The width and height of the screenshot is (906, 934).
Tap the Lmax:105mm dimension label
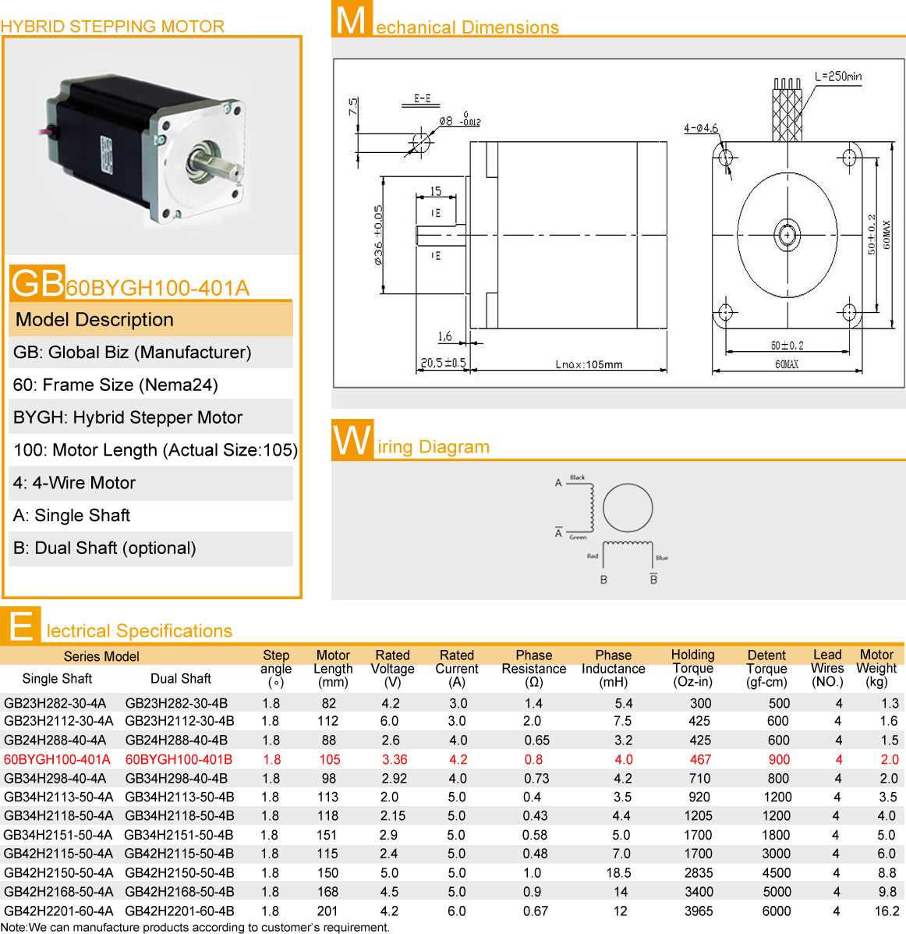pos(589,364)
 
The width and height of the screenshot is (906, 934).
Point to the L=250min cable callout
pos(838,76)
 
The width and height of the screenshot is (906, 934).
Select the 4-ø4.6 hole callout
pos(700,128)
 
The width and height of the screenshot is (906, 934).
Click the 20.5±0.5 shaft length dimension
pos(443,363)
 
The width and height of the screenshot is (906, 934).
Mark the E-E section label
pos(422,98)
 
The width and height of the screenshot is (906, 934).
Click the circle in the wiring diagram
pos(627,508)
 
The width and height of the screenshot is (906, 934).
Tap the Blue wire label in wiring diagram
pos(662,558)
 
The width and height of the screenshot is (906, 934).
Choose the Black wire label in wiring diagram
pos(577,478)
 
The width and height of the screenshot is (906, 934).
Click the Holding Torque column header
pos(692,668)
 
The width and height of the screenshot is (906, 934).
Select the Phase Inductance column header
pos(614,668)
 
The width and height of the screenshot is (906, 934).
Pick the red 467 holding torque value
pos(700,759)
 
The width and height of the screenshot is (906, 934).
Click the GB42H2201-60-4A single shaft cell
pos(58,911)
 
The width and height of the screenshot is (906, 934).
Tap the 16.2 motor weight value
pos(887,911)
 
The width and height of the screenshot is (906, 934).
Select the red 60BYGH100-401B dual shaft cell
pos(179,759)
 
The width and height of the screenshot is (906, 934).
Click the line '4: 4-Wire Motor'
pos(74,483)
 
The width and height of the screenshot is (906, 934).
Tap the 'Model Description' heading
pos(94,320)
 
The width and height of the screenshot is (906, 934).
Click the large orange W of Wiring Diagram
pos(352,441)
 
